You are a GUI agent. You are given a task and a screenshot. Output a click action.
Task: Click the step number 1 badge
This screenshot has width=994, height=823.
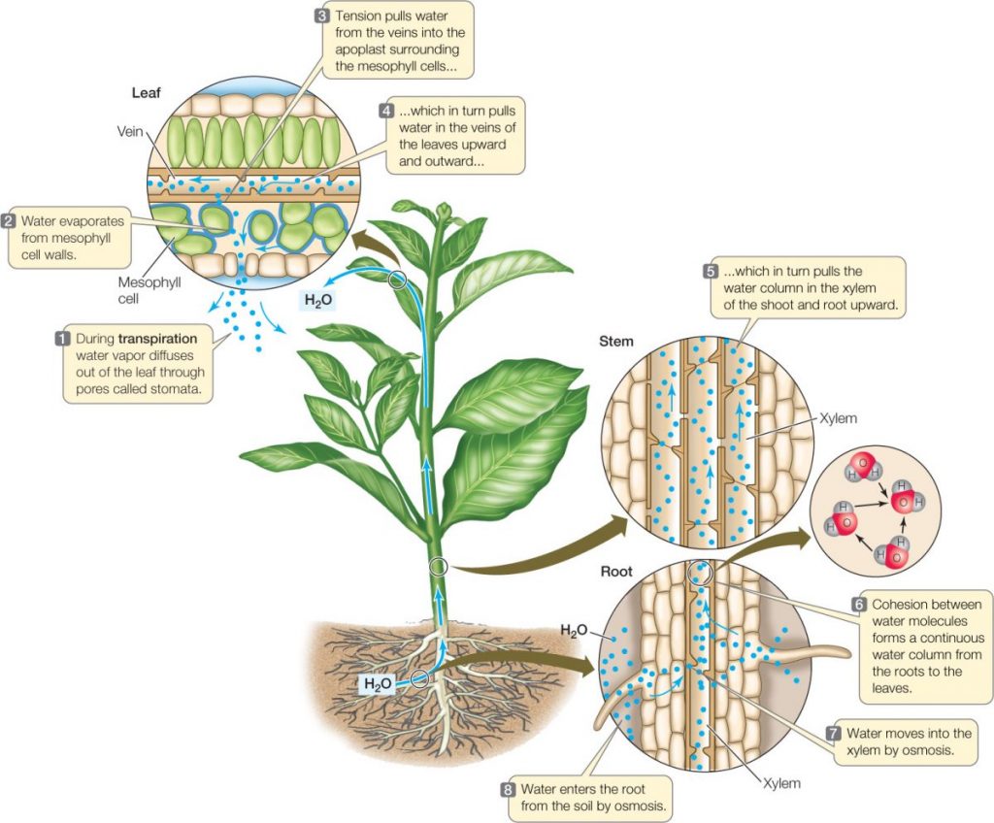63,339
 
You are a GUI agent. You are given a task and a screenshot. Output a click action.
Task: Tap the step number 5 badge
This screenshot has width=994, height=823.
711,271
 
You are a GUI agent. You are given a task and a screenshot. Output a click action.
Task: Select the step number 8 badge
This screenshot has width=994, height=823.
508,789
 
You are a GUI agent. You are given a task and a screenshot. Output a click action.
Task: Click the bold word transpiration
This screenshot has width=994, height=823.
158,339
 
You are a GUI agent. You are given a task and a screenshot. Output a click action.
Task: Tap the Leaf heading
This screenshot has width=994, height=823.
146,94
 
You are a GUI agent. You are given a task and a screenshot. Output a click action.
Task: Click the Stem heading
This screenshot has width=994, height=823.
616,341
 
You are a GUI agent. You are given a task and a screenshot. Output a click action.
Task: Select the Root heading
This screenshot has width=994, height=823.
616,573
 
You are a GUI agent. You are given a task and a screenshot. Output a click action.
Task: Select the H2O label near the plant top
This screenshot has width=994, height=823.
318,300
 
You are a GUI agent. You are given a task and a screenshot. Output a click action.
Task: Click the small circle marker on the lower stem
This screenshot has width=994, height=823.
439,567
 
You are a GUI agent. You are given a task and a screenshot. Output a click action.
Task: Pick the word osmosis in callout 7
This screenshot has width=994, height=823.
918,751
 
